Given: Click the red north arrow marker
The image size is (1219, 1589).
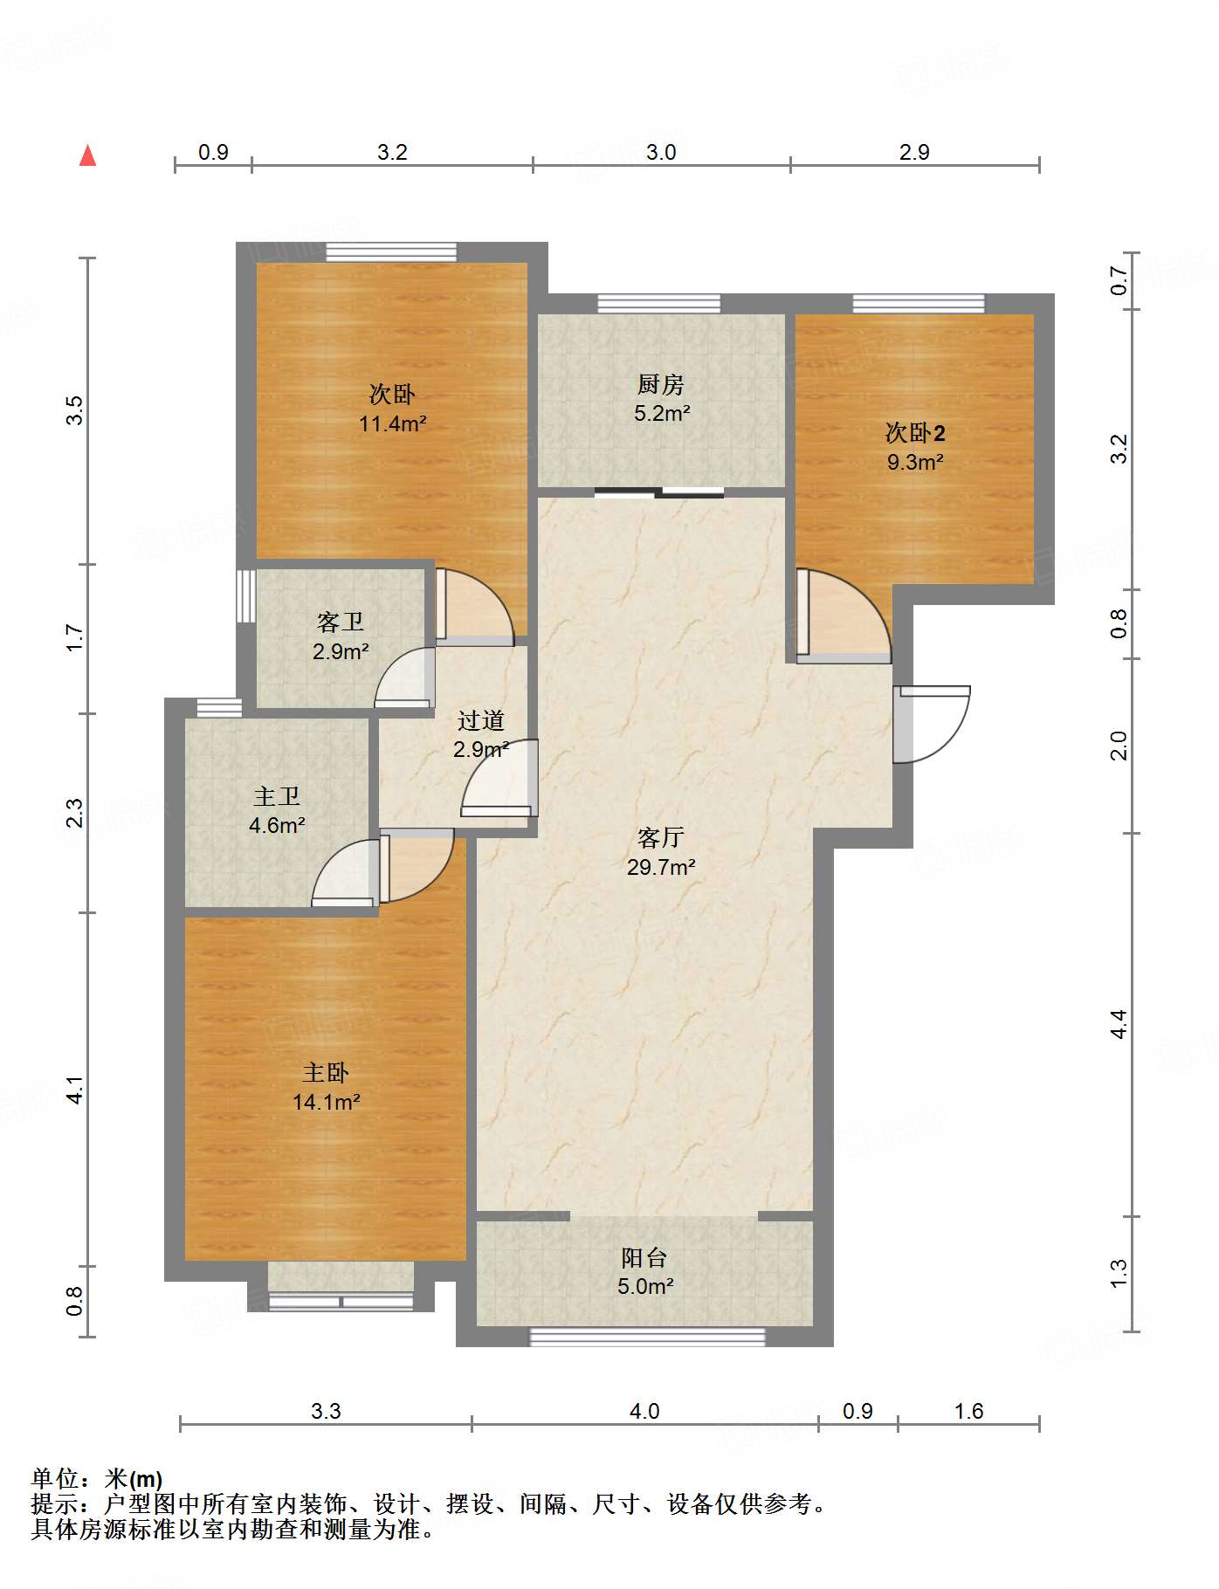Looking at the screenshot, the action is pos(87,155).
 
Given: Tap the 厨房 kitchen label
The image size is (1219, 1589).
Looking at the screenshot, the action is pos(660,384).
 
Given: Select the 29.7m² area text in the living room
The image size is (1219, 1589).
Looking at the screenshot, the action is pos(661,867).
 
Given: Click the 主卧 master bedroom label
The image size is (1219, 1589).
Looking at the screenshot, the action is pos(326,1072).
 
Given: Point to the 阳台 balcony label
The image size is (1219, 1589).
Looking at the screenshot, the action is pos(644,1257).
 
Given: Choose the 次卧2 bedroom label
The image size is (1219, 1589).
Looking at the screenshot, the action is pos(915,432).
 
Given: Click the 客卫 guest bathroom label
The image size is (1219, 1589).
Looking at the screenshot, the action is pos(341,622).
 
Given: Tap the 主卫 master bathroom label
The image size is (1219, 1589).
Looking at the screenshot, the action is pos(277,796).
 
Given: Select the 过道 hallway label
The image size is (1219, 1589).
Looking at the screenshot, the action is pos(481,720).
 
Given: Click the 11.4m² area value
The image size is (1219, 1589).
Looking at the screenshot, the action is pos(393,424).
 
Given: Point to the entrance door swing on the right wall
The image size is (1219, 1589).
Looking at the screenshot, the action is pos(932,724).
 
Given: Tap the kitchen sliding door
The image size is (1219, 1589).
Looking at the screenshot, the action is pos(659,492).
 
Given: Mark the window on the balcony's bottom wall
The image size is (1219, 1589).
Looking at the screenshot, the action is pos(647,1337).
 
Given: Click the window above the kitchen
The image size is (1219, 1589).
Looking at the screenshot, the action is pos(659,304).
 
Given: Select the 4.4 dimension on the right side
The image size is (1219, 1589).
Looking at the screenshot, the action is pos(1119,1023).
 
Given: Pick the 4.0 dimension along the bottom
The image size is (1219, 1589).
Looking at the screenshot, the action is pos(644,1411).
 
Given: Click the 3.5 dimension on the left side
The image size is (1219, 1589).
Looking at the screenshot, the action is pos(75,410).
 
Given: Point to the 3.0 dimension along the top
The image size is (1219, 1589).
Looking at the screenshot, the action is pos(661,152).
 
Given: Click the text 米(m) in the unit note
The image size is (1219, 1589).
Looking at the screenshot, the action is pos(134,1478).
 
